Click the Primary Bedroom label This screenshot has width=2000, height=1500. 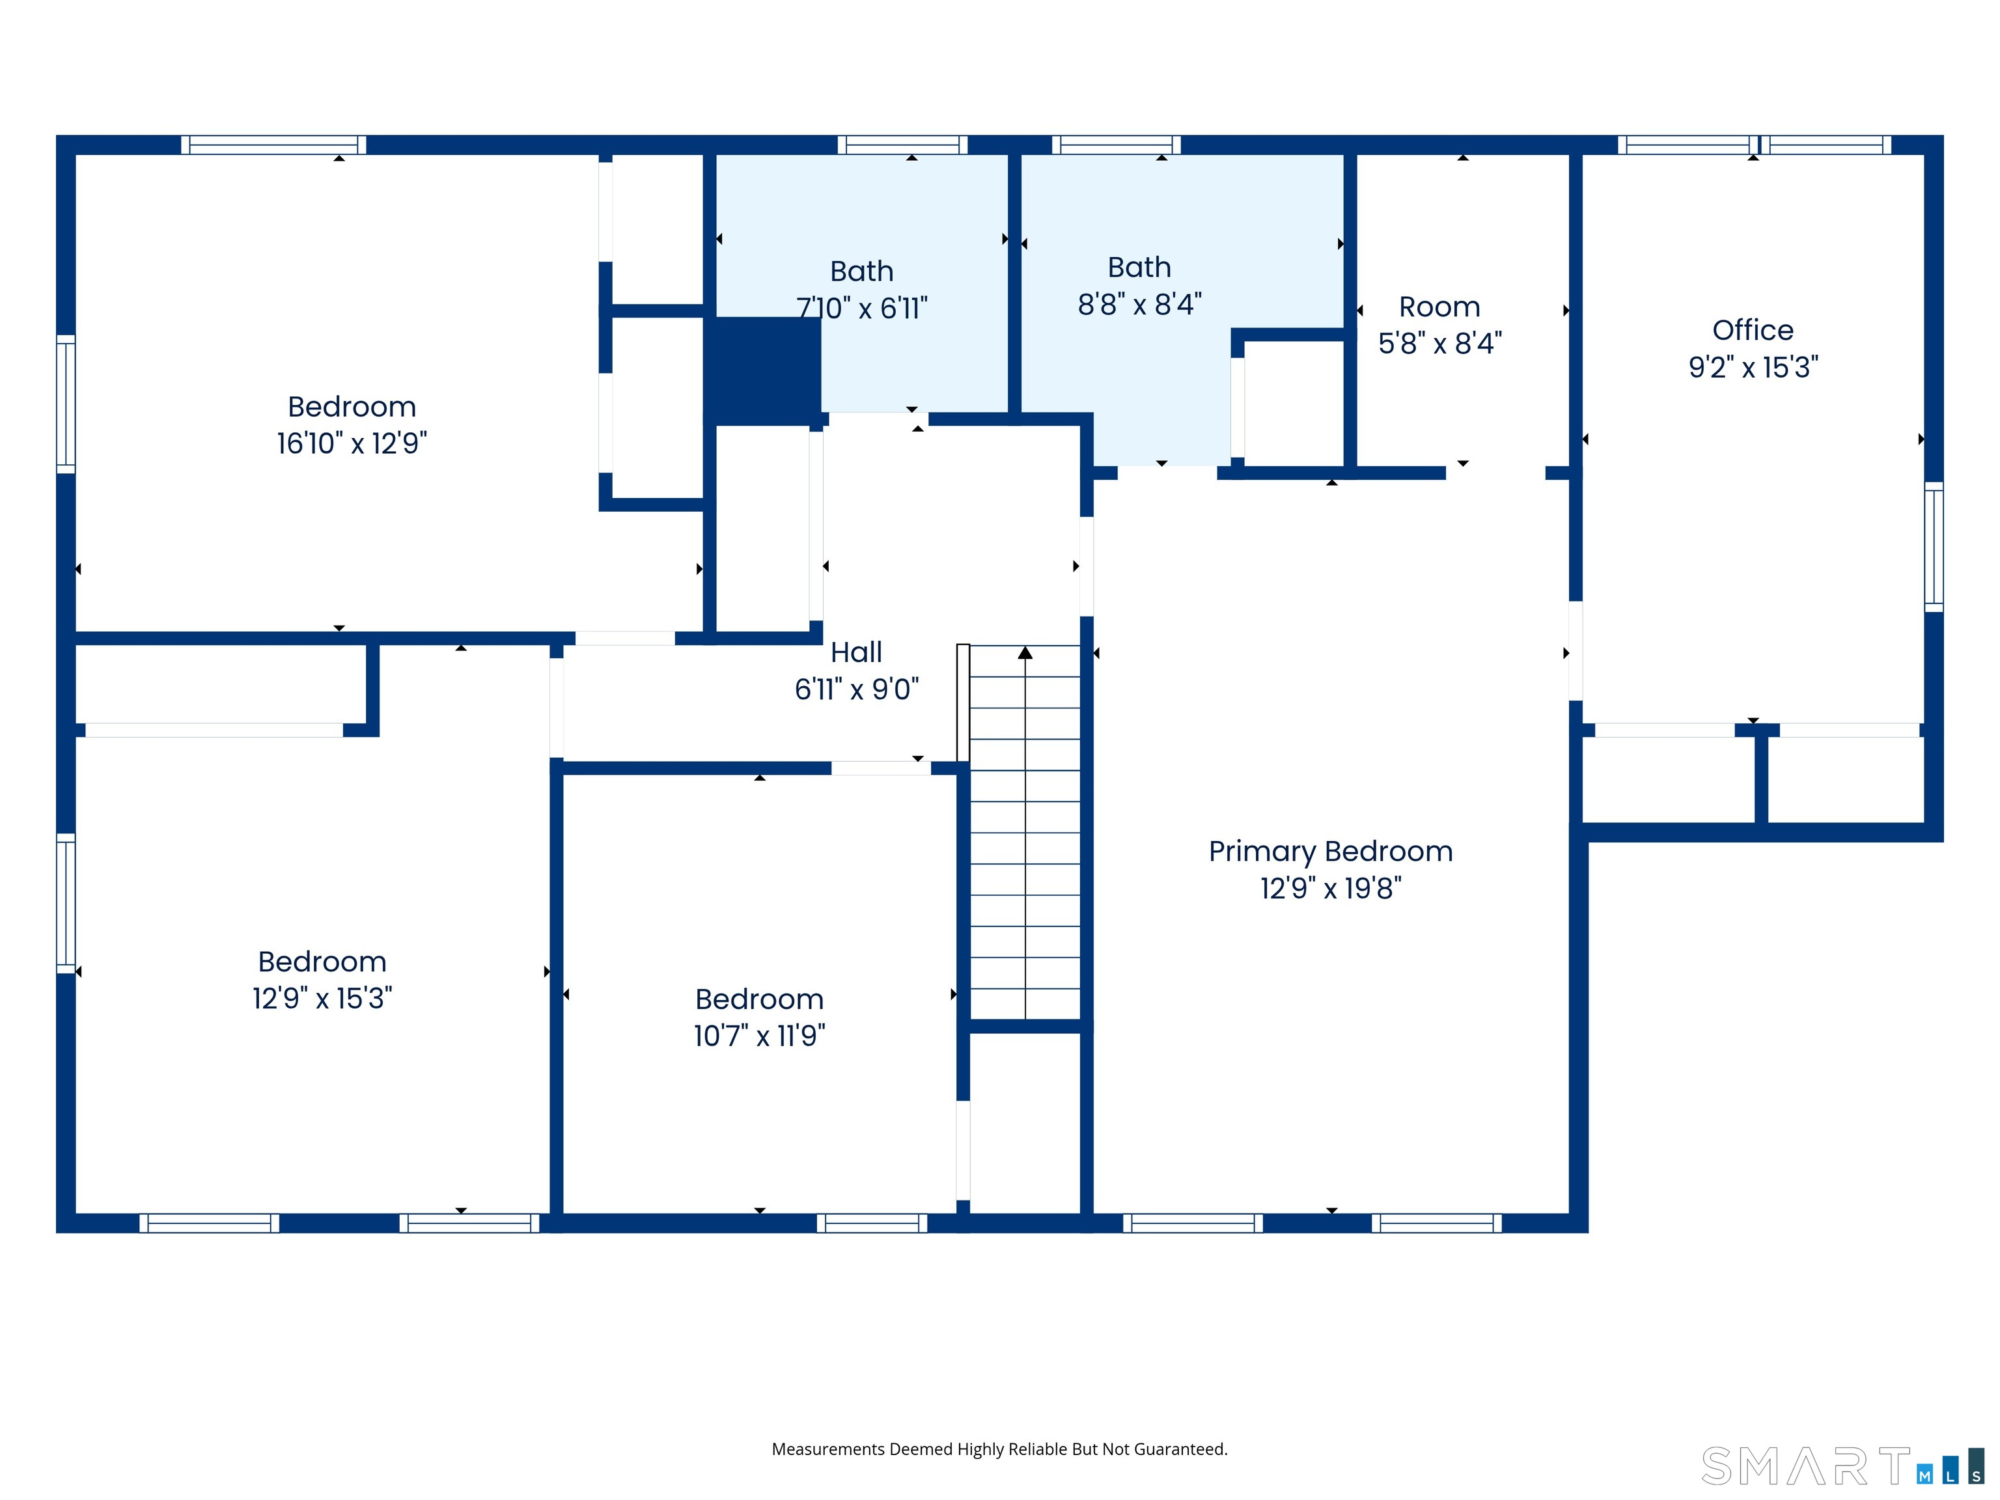[x=1331, y=852]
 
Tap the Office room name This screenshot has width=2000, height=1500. [x=1753, y=330]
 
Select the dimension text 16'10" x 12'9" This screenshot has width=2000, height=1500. [x=352, y=443]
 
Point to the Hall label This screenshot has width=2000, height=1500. [x=856, y=652]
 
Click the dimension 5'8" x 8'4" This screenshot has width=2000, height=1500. [x=1440, y=344]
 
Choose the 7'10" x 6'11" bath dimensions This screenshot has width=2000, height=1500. [x=862, y=309]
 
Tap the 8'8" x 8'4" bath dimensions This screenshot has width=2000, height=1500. [x=1139, y=305]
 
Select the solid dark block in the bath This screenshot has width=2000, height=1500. [x=762, y=370]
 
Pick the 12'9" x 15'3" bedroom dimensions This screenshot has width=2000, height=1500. [x=322, y=998]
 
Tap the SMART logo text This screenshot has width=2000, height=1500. [x=1807, y=1467]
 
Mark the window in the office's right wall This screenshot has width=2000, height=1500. [x=1934, y=546]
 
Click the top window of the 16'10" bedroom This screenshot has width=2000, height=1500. [x=273, y=145]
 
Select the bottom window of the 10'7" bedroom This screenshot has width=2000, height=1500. [x=872, y=1223]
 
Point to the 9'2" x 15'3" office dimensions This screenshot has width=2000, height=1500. [x=1753, y=367]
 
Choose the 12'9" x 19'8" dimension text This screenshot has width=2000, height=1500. [x=1331, y=889]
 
